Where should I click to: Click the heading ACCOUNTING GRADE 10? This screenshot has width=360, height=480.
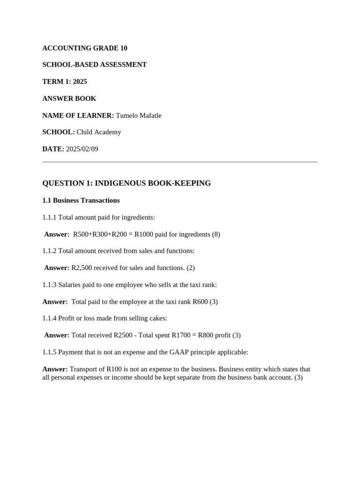(85, 48)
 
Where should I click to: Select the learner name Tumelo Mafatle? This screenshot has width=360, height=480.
(138, 115)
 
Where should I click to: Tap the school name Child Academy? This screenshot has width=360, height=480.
(98, 132)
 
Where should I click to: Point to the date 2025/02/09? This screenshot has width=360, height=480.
(82, 149)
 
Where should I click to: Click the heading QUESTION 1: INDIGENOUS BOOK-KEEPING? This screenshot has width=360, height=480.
(127, 183)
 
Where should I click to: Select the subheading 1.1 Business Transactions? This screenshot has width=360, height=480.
(81, 201)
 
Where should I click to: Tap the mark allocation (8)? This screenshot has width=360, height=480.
(216, 234)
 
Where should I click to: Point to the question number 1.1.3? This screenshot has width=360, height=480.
(49, 285)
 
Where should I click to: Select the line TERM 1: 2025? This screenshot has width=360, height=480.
(65, 82)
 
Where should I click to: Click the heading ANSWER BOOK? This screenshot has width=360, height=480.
(69, 98)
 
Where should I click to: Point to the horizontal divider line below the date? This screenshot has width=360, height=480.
(180, 162)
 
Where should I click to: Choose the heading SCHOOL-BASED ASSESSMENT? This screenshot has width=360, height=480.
(95, 65)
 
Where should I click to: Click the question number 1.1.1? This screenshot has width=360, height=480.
(49, 217)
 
